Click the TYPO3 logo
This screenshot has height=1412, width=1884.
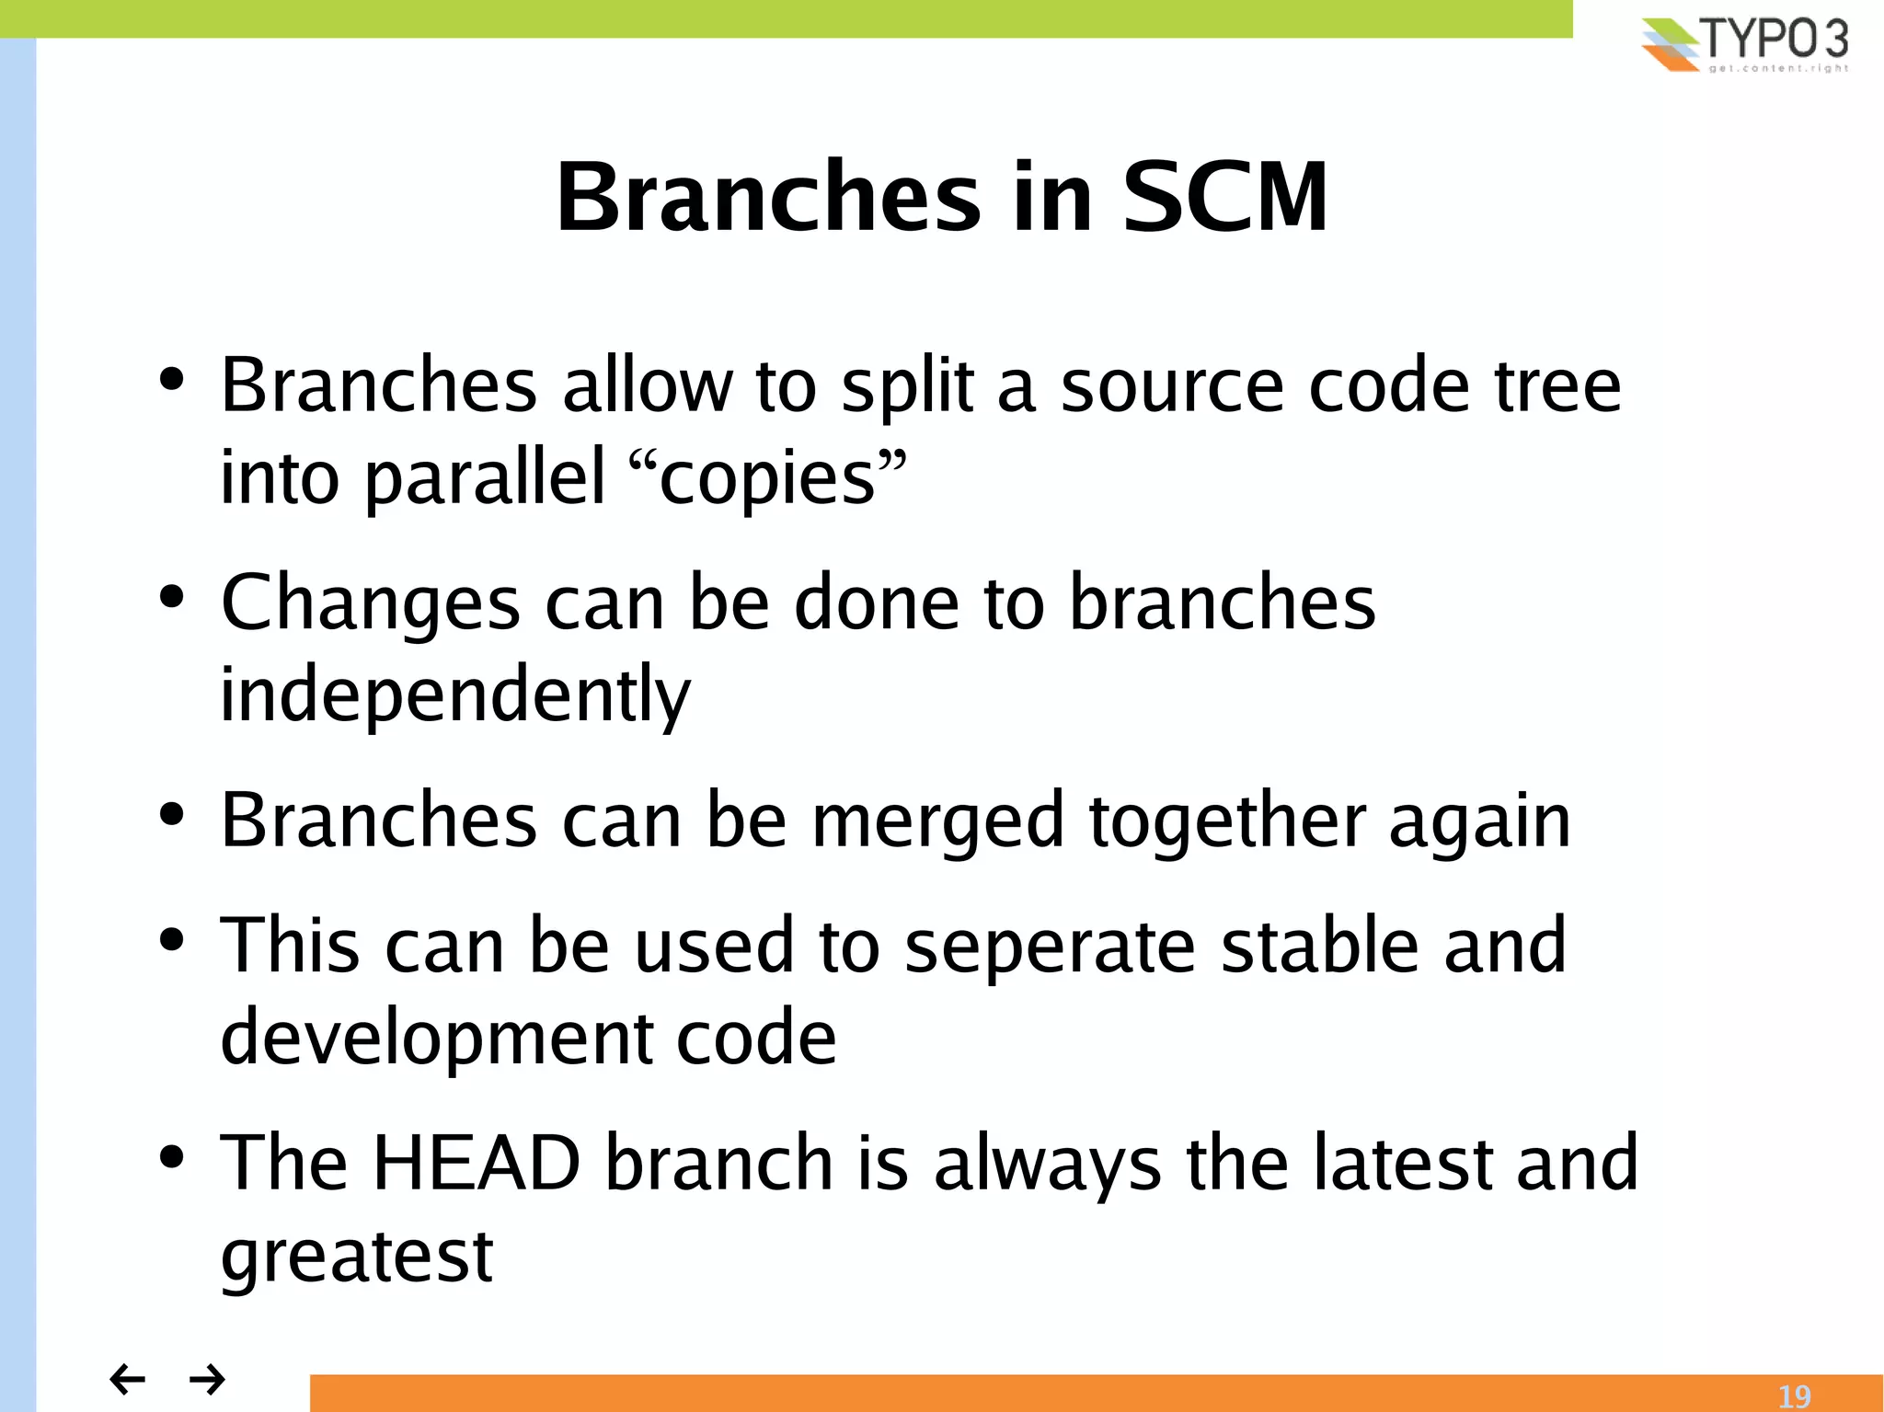tap(1744, 44)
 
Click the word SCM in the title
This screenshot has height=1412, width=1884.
tap(1224, 197)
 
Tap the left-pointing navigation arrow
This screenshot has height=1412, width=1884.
tap(127, 1379)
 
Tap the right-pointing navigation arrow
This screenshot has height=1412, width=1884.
tap(208, 1379)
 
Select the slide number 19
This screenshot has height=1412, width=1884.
tap(1793, 1396)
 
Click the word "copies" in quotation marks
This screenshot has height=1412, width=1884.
tap(767, 478)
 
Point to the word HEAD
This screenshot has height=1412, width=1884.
tap(476, 1163)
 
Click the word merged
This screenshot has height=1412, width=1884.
tap(936, 821)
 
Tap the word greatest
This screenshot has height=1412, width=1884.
tap(357, 1257)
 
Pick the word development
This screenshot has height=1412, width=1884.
tap(436, 1038)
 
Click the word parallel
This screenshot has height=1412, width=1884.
tap(486, 478)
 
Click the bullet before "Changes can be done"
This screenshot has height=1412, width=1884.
tap(172, 597)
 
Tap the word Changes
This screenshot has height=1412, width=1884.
tap(370, 603)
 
